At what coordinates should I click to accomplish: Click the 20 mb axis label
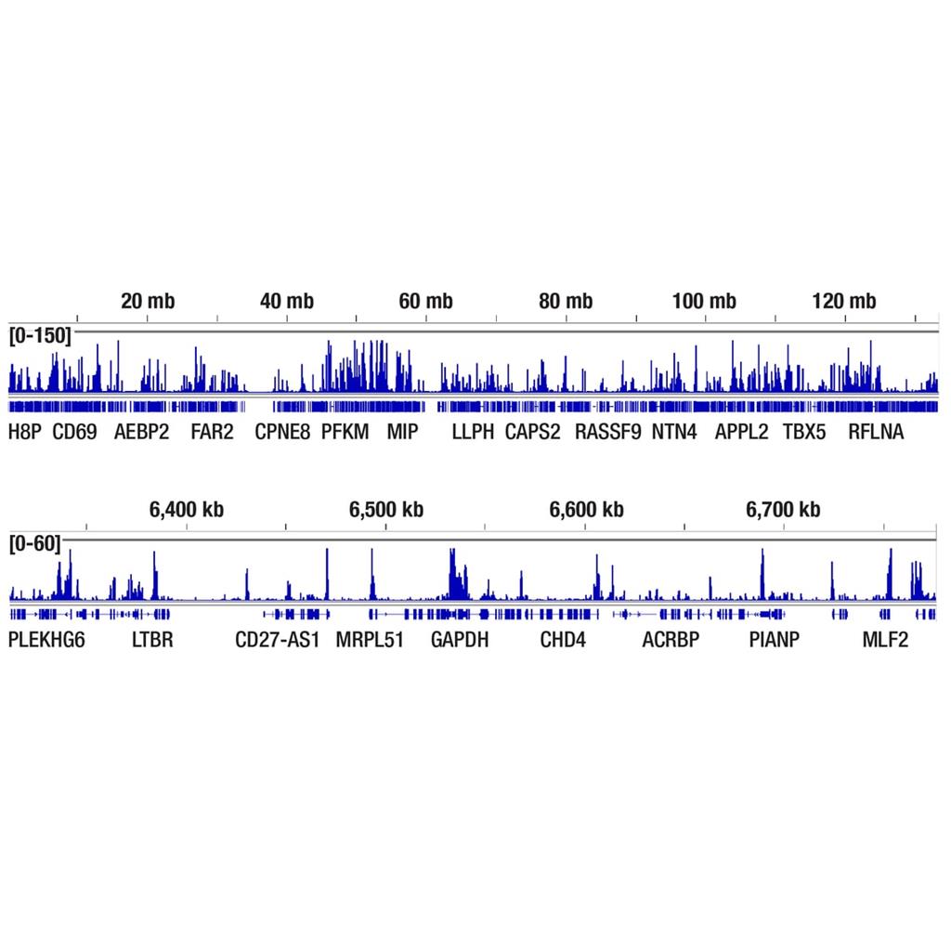point(147,301)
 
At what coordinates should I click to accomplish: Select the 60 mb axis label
point(426,301)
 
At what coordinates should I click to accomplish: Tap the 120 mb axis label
point(844,301)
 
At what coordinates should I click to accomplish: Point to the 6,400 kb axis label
point(187,509)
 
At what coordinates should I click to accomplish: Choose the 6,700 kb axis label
point(783,509)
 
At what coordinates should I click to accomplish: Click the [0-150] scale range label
point(39,335)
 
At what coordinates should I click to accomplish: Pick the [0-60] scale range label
point(34,543)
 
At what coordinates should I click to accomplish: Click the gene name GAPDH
point(460,639)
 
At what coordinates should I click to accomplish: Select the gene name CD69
point(74,431)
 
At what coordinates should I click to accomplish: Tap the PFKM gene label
point(345,431)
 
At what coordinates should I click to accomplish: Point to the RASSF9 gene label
point(607,431)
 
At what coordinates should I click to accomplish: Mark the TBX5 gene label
point(803,431)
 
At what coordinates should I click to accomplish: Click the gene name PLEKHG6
point(46,639)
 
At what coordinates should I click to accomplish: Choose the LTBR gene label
point(152,639)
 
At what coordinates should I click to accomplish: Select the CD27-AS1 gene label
point(277,639)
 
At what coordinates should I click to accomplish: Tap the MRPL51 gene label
point(370,639)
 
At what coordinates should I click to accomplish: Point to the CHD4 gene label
point(563,639)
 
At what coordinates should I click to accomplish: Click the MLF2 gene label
point(885,639)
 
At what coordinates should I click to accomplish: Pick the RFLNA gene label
point(876,431)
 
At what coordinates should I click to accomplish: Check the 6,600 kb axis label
point(586,509)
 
